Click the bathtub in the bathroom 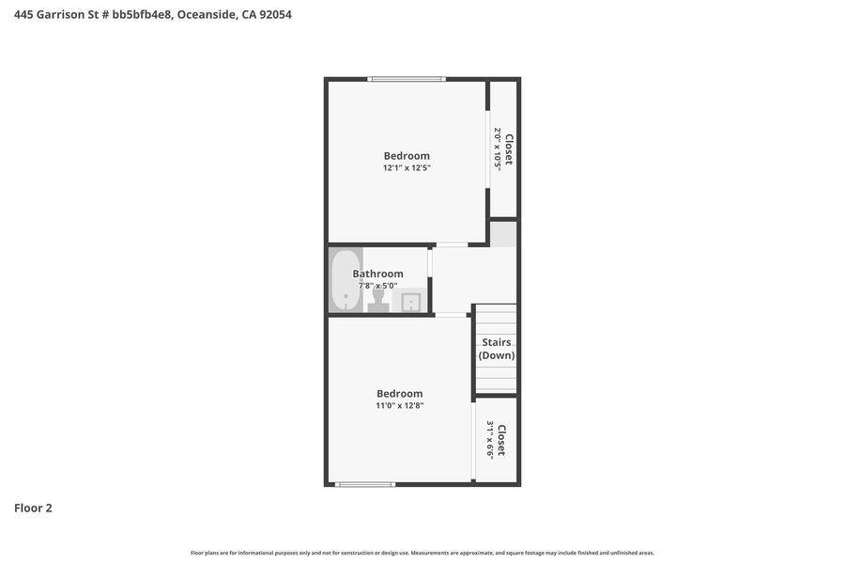click(346, 279)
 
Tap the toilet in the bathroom click(378, 300)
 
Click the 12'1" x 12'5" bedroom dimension click(407, 168)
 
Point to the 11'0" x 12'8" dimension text click(400, 405)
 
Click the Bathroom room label click(377, 274)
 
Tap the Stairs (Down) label click(497, 349)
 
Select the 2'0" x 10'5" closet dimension click(498, 149)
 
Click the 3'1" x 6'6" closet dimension click(490, 439)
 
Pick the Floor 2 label click(33, 508)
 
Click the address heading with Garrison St click(152, 15)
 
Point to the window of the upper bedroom click(407, 79)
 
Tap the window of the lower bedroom click(365, 484)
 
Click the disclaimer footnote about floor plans click(422, 553)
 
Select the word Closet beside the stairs click(501, 441)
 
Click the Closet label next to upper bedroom click(509, 149)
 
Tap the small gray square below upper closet click(503, 234)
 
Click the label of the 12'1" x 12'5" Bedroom click(407, 156)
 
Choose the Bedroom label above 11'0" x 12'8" click(400, 394)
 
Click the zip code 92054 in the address click(275, 15)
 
